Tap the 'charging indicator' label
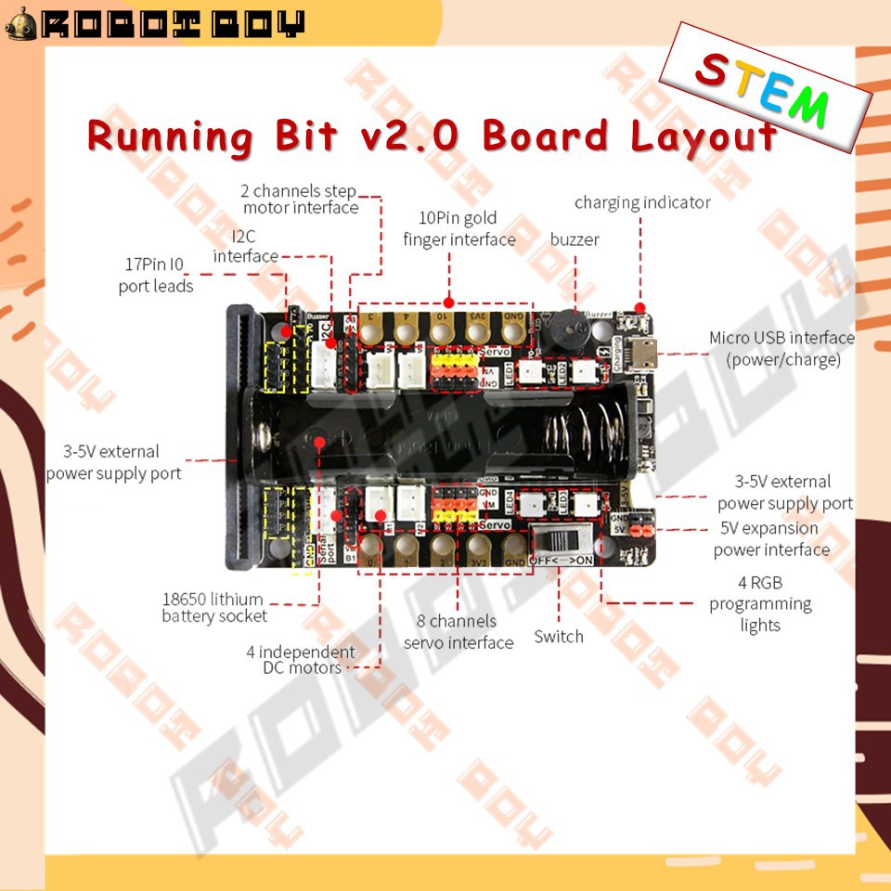pyautogui.click(x=642, y=202)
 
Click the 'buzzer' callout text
pyautogui.click(x=575, y=239)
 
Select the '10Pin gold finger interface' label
pyautogui.click(x=458, y=228)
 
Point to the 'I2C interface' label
pyautogui.click(x=245, y=245)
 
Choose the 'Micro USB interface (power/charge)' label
pyautogui.click(x=781, y=348)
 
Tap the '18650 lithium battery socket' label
pyautogui.click(x=213, y=607)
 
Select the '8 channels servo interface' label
pyautogui.click(x=458, y=631)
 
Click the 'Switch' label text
pyautogui.click(x=559, y=637)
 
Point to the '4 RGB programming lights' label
pyautogui.click(x=760, y=603)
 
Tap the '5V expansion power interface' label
pyautogui.click(x=771, y=538)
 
